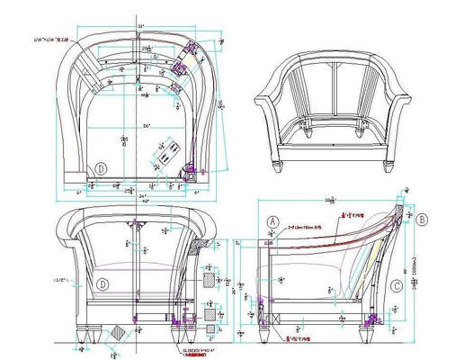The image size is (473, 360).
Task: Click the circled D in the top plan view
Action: coord(102,168)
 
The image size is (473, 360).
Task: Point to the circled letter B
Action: coord(424,219)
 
